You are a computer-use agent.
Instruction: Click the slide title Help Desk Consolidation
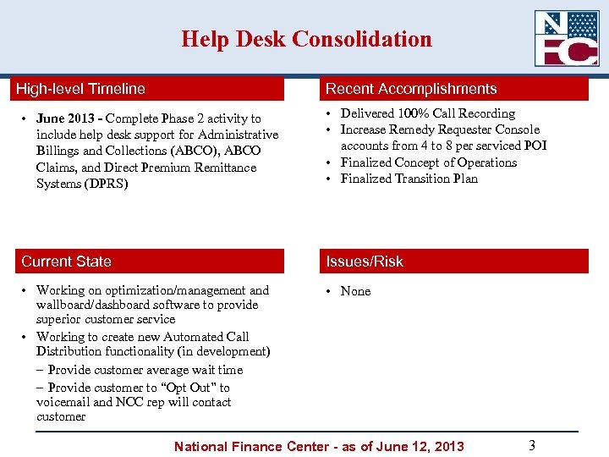point(305,39)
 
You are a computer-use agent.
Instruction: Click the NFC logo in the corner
point(566,38)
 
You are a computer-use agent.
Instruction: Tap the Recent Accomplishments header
point(411,89)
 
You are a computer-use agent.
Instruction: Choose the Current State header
point(66,262)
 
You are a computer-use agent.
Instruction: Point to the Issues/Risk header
point(365,262)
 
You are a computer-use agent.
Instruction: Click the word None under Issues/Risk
point(355,291)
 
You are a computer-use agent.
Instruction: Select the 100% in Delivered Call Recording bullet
point(414,113)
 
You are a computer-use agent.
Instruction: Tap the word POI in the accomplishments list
point(535,146)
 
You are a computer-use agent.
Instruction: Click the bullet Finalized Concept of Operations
point(428,162)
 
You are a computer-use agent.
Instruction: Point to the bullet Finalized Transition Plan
point(409,179)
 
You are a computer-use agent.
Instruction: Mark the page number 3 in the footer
point(531,445)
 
